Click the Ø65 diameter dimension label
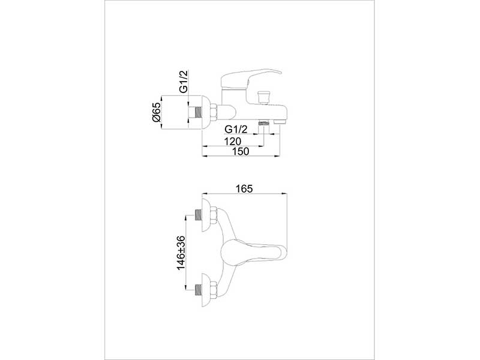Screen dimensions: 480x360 point(156,113)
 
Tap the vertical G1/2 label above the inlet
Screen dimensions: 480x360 point(184,81)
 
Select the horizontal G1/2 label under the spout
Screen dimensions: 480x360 point(236,130)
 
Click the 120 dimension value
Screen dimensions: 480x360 point(233,141)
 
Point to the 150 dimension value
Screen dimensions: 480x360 point(241,151)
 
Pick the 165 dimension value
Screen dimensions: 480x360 point(244,189)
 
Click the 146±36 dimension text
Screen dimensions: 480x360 point(181,253)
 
